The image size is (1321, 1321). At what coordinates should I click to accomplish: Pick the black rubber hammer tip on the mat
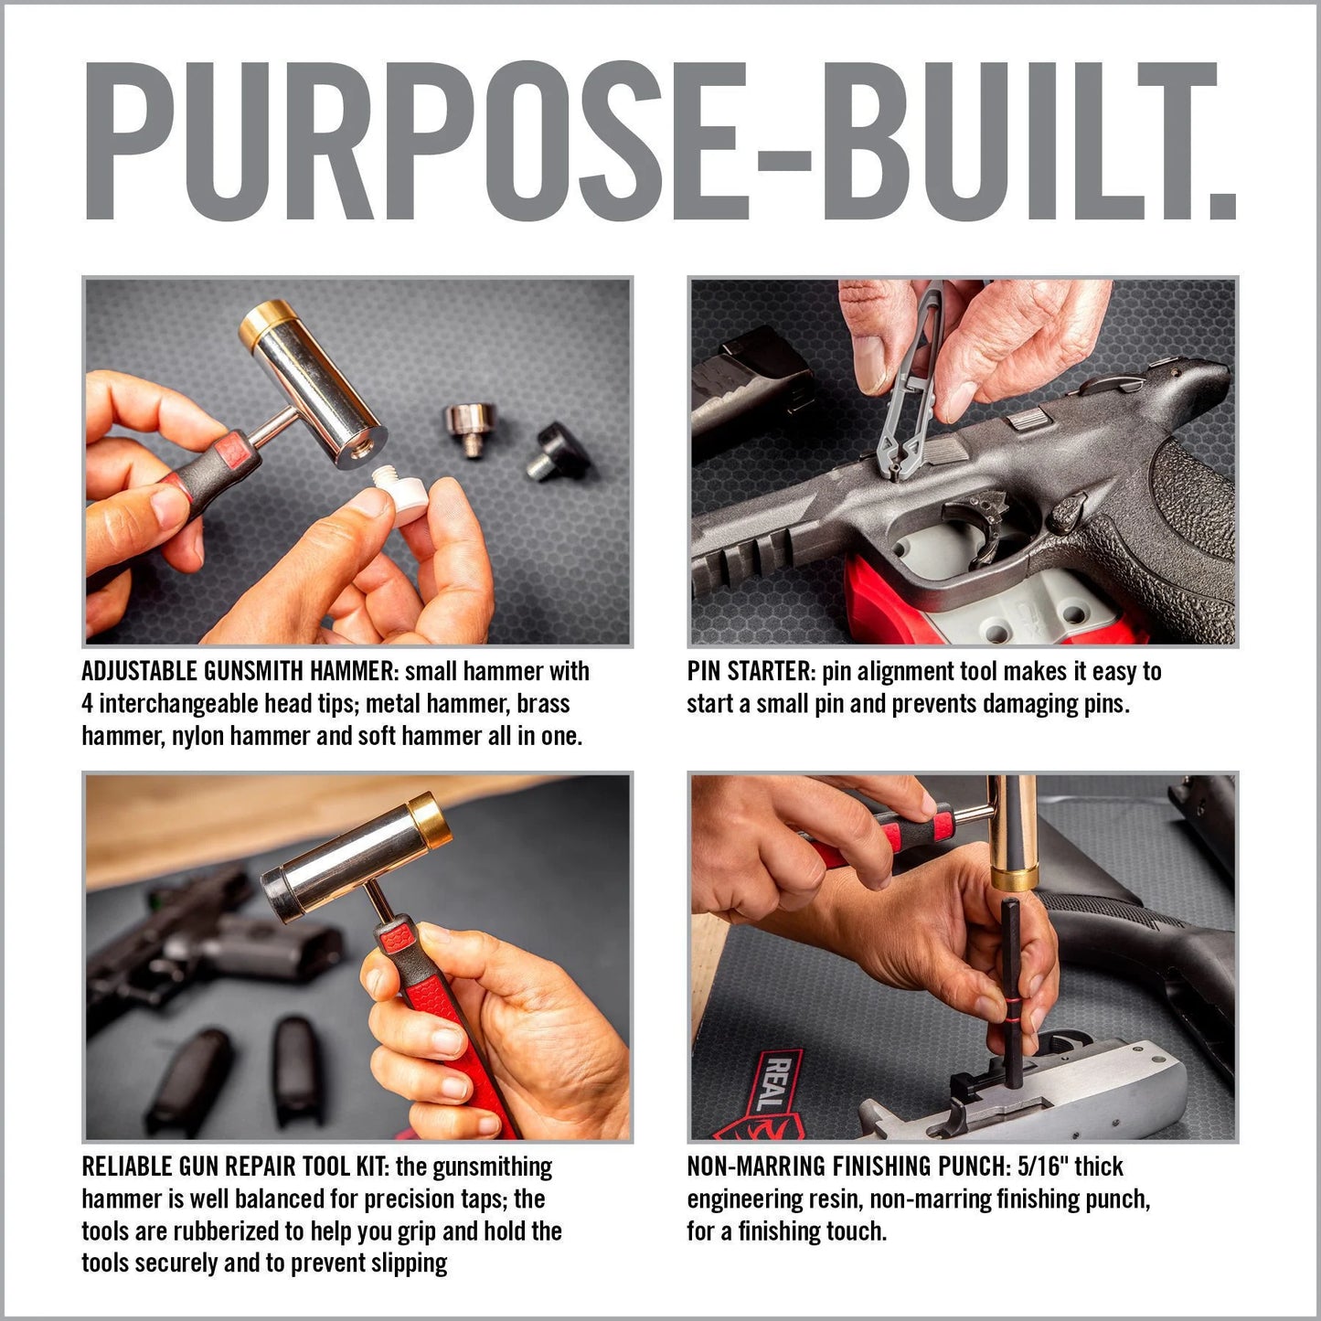(557, 449)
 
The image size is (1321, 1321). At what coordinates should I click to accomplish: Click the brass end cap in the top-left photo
(265, 325)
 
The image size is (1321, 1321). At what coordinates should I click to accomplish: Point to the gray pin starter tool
(905, 384)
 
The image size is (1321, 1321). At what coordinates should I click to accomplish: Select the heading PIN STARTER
(750, 672)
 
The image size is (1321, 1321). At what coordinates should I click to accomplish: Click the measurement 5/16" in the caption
(1042, 1167)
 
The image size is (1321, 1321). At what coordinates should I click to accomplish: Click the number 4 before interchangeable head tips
(88, 704)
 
